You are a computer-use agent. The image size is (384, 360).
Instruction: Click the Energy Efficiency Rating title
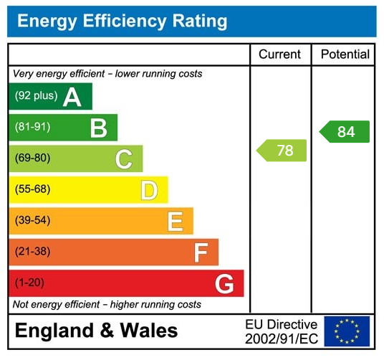click(122, 22)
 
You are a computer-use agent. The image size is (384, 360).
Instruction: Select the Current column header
click(279, 55)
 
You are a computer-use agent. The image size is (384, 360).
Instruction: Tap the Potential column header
click(345, 55)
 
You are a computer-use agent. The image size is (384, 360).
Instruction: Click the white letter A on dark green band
click(72, 97)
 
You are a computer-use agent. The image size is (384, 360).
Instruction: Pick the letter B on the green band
click(98, 128)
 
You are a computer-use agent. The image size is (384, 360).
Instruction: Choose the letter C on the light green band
click(124, 159)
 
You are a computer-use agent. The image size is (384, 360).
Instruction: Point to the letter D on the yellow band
click(149, 190)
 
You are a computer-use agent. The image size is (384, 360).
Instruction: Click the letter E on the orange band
click(175, 222)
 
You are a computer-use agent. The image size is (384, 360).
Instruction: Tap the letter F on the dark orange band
click(201, 252)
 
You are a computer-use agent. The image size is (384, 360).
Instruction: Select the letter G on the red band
click(224, 284)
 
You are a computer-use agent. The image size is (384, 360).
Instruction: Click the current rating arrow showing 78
click(282, 151)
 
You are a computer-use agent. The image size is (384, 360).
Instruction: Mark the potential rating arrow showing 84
click(345, 132)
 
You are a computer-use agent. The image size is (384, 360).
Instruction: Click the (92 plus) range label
click(36, 96)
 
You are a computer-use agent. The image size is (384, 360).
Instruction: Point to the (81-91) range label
click(33, 128)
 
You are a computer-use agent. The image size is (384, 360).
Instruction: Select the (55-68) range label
click(33, 190)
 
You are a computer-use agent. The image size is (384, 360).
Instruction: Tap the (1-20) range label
click(29, 283)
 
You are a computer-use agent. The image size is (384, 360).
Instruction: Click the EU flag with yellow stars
click(347, 331)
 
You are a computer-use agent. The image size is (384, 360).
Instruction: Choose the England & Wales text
click(96, 331)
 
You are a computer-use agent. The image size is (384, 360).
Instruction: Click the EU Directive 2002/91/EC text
click(281, 331)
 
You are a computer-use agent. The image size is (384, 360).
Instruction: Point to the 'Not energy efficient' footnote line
click(107, 305)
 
